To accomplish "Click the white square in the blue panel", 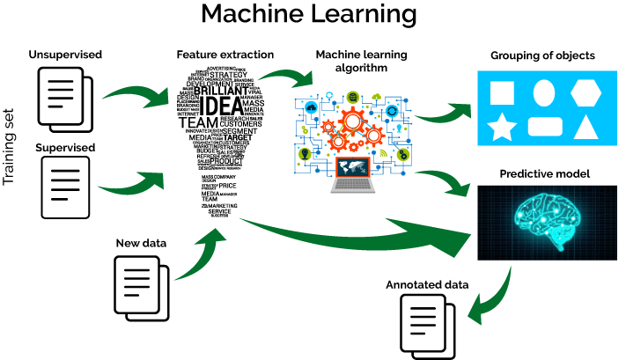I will click(502, 92).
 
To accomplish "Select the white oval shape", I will click(544, 92).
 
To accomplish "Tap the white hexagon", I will click(585, 92).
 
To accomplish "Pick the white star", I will click(502, 128).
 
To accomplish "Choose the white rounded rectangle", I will click(545, 127).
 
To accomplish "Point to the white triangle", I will click(586, 128).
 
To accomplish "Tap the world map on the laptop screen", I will click(352, 166).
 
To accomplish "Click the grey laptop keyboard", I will click(353, 185).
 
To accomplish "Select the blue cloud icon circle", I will click(311, 107).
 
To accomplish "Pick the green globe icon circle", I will click(353, 97).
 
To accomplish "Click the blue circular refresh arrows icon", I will click(392, 111).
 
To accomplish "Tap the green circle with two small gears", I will click(403, 154).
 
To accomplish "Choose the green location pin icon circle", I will click(305, 154).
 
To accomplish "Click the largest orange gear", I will click(352, 121).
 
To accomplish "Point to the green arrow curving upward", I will click(201, 255).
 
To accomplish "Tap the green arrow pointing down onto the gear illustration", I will click(286, 77).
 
